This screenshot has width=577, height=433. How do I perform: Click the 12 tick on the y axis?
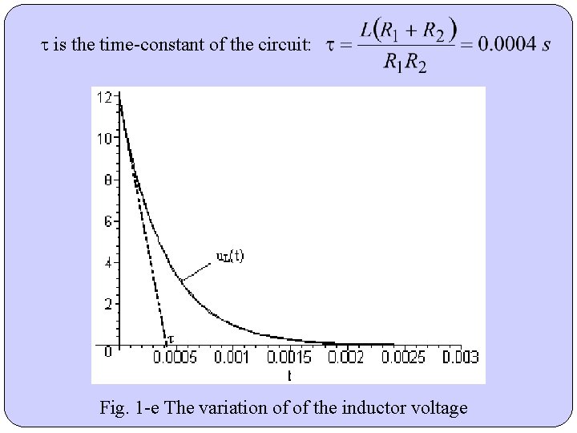tap(104, 97)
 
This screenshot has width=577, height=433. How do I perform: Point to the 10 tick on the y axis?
tap(104, 138)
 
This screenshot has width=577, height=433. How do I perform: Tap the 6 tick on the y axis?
tap(107, 221)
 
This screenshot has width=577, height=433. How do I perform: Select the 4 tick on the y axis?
tap(107, 262)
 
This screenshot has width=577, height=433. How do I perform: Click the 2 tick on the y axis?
tap(107, 304)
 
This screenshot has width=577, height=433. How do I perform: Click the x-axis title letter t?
tap(289, 374)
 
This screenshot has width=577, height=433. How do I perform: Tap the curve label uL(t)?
tap(231, 257)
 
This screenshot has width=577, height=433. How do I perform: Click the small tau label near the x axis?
tap(170, 339)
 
